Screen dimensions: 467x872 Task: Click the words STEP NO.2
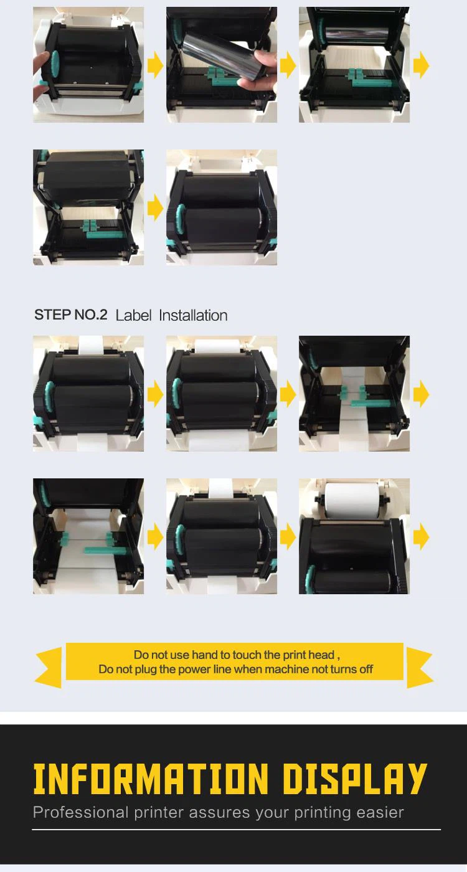click(x=70, y=315)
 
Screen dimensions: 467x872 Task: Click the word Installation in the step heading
click(x=193, y=315)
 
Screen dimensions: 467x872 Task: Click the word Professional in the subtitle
click(x=80, y=813)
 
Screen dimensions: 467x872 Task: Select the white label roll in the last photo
click(x=352, y=501)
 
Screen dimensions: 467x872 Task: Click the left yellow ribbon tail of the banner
click(x=49, y=667)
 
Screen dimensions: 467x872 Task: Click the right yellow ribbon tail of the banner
click(x=420, y=667)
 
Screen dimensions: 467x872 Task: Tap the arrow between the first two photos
click(x=155, y=65)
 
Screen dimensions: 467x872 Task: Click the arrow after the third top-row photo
click(x=421, y=65)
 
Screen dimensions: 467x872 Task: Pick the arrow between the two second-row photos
click(x=155, y=207)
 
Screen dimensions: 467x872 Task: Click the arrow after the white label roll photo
click(x=421, y=537)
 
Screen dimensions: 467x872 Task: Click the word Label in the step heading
click(x=133, y=315)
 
